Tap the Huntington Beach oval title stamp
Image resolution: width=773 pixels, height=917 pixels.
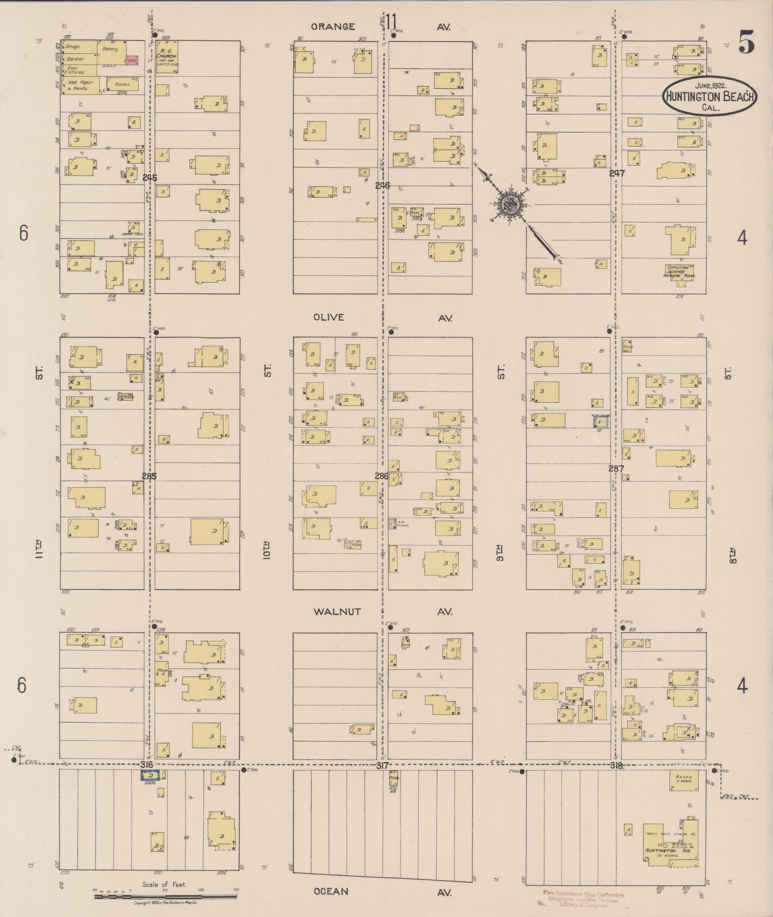(709, 96)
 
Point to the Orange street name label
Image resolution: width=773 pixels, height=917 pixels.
(333, 27)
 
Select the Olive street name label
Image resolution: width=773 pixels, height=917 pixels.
(329, 317)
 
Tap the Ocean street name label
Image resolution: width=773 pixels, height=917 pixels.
(331, 892)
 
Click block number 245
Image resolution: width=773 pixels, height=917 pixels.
(150, 177)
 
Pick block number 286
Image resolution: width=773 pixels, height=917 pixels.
(381, 476)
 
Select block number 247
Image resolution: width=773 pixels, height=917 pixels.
(617, 173)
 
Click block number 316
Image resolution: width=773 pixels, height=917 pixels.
(147, 764)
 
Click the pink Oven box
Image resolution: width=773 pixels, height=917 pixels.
(131, 60)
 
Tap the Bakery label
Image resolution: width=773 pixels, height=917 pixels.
(110, 49)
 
